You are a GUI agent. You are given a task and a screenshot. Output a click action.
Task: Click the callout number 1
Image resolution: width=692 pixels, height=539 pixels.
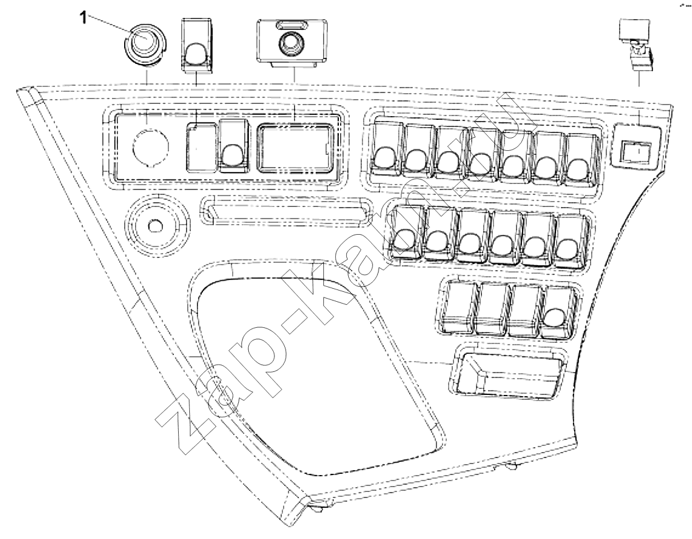[83, 17]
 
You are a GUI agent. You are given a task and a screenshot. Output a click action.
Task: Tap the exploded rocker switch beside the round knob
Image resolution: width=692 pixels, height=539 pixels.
[197, 45]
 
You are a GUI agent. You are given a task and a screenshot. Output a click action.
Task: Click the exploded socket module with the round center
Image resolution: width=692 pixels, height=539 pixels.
[292, 43]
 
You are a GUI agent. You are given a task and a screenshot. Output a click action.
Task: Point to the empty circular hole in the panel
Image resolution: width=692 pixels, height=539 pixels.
[151, 146]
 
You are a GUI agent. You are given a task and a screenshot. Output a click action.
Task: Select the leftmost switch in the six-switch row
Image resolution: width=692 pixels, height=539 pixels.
[405, 231]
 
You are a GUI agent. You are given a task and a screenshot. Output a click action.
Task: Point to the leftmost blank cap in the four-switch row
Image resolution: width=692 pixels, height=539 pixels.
[459, 306]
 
